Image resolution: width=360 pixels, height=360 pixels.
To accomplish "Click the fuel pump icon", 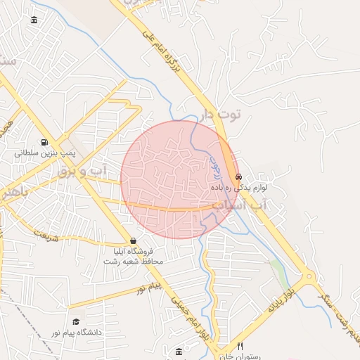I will click(45, 141).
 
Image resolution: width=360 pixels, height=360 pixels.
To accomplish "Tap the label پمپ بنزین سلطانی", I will click(45, 152).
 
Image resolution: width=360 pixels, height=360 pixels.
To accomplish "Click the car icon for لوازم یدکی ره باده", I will click(238, 176).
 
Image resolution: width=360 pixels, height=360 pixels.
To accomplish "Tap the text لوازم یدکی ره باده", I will click(239, 188).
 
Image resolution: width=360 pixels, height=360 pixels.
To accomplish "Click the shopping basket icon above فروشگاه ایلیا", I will click(133, 240).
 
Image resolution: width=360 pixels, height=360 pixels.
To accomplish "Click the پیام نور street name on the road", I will click(149, 288).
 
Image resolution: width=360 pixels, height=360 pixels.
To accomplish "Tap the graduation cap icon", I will click(76, 321).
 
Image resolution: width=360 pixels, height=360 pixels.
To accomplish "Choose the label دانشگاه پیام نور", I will click(76, 332).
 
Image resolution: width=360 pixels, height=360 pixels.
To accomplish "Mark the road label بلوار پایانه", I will click(283, 297).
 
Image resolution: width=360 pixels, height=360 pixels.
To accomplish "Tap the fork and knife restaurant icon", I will click(240, 346).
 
